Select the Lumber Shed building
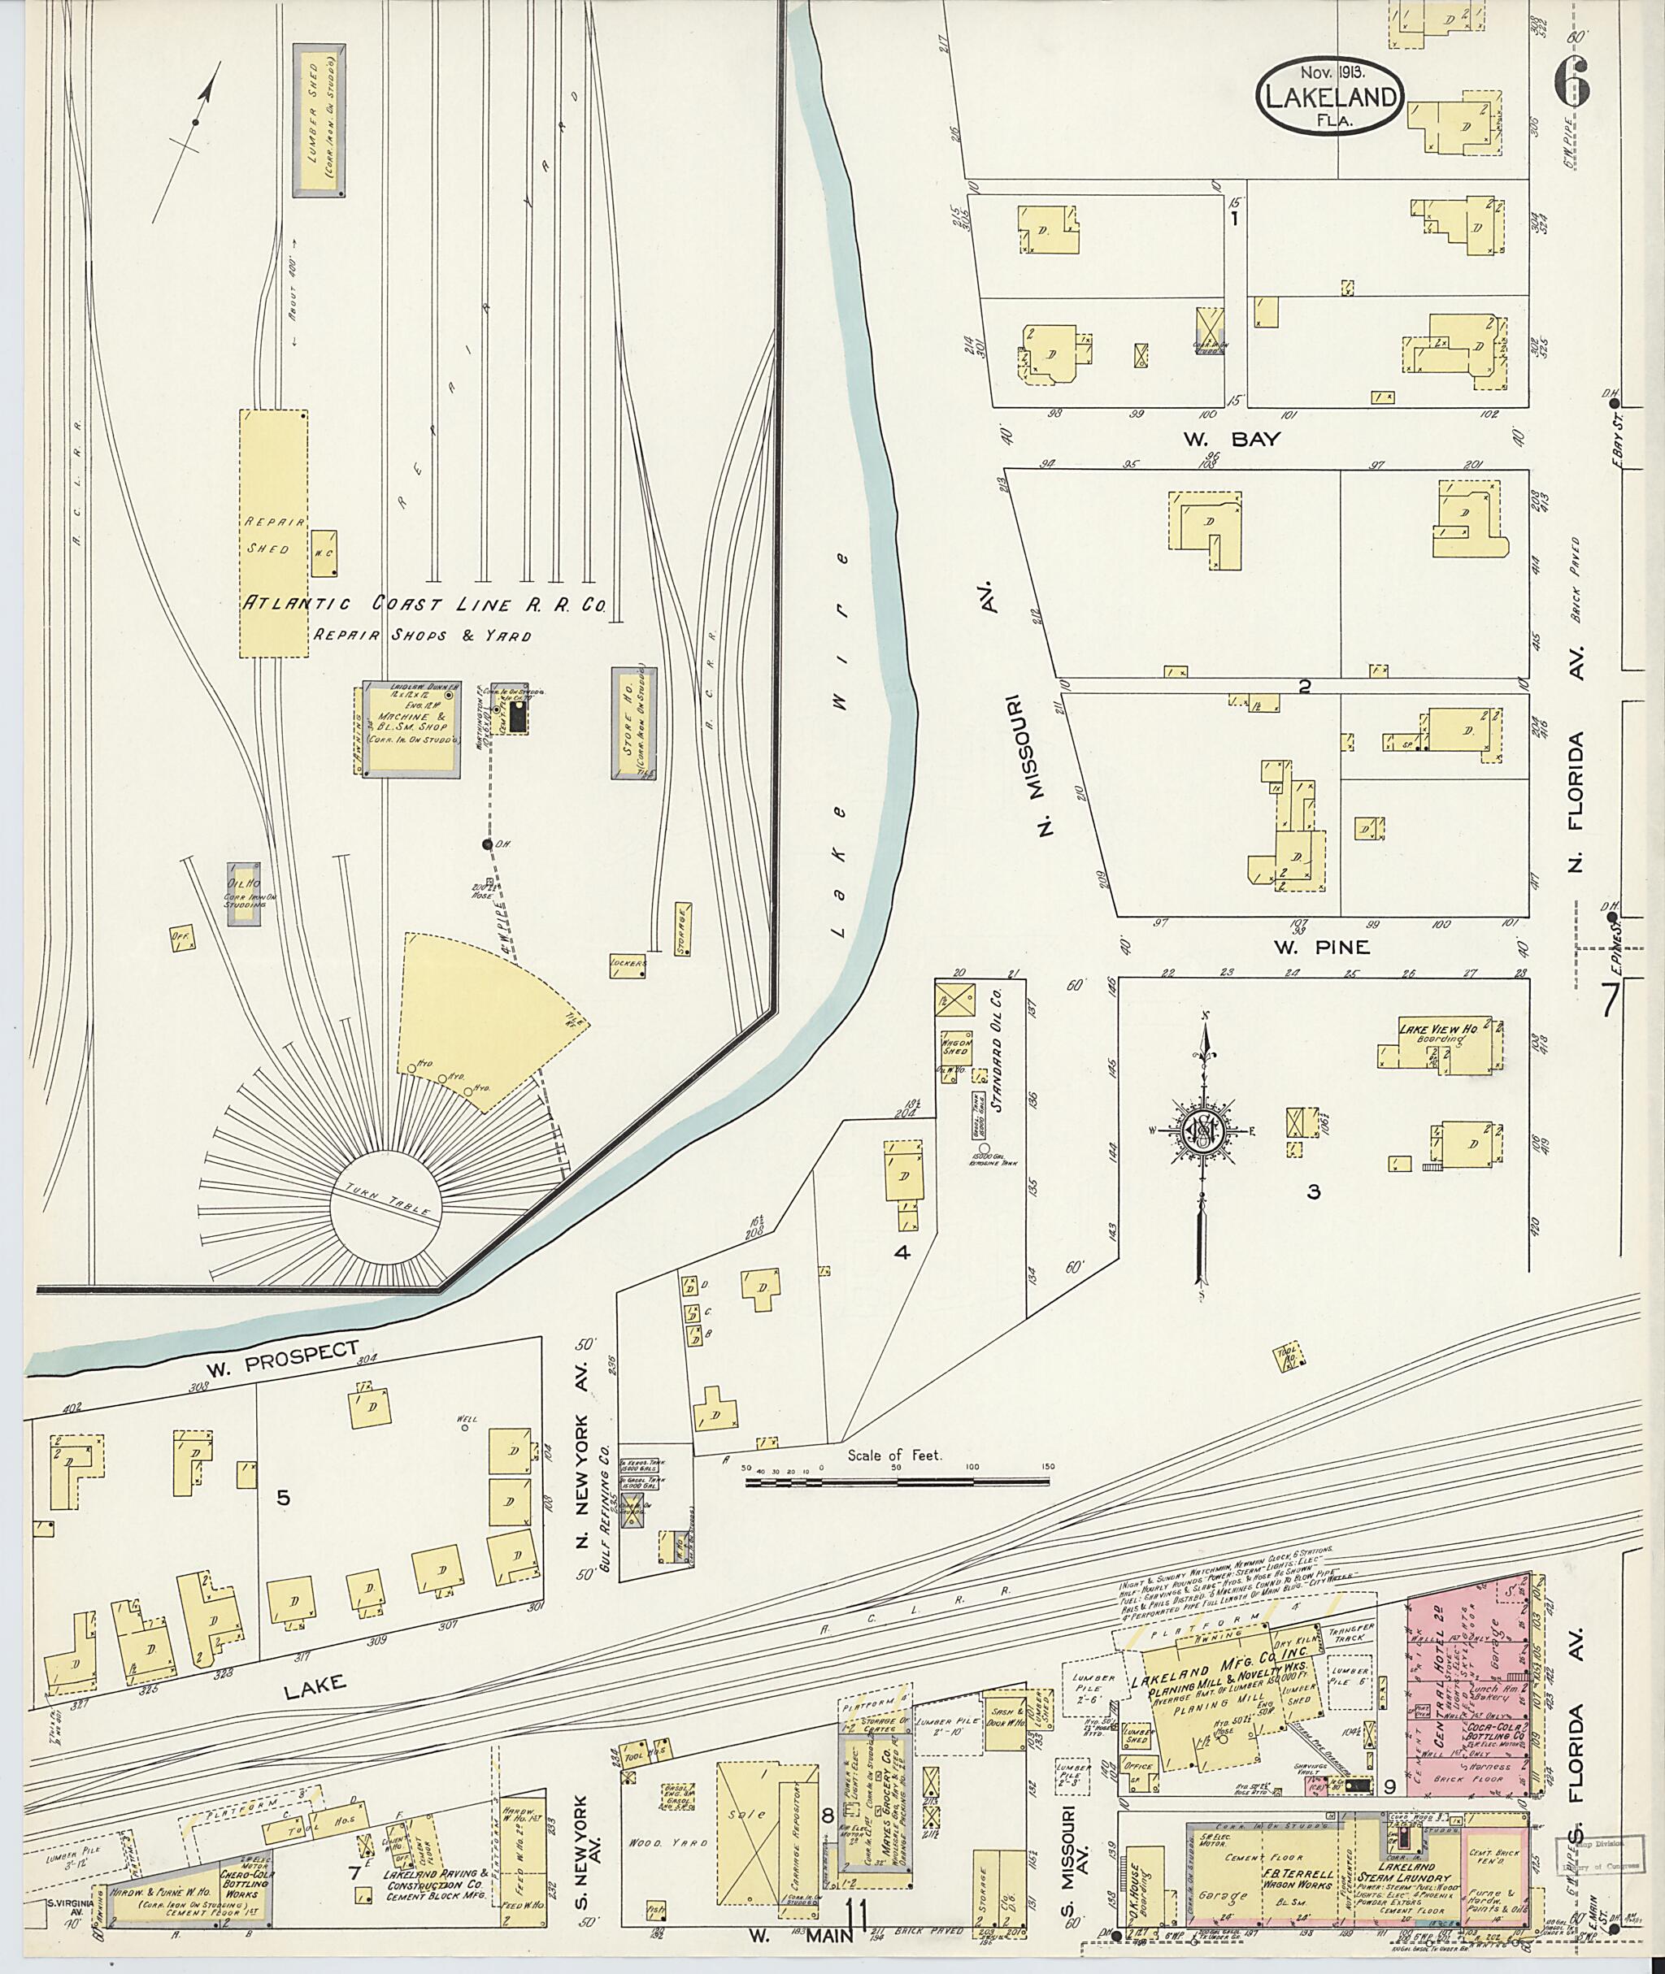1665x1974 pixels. coord(320,119)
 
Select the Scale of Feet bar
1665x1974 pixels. coord(896,1481)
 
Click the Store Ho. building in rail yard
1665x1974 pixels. coord(633,724)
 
